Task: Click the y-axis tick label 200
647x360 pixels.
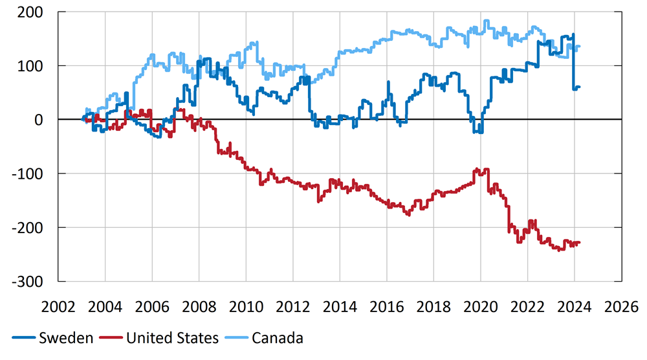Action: coord(31,12)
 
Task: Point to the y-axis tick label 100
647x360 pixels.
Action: coord(31,66)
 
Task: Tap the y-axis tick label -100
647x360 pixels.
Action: coord(28,174)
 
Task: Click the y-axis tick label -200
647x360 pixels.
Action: coord(28,227)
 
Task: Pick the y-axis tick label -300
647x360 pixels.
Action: coord(28,282)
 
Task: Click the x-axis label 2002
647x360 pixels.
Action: coord(58,306)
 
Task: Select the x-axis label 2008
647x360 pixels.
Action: coord(199,306)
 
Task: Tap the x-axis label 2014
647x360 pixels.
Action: coord(340,306)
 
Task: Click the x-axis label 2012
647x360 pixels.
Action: coord(292,306)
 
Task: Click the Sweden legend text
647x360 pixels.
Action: coord(66,338)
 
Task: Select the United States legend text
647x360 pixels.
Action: coord(173,338)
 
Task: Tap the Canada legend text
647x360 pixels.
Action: coord(278,338)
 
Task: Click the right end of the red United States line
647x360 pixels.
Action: coord(580,242)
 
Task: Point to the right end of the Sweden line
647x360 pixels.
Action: coord(580,87)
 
